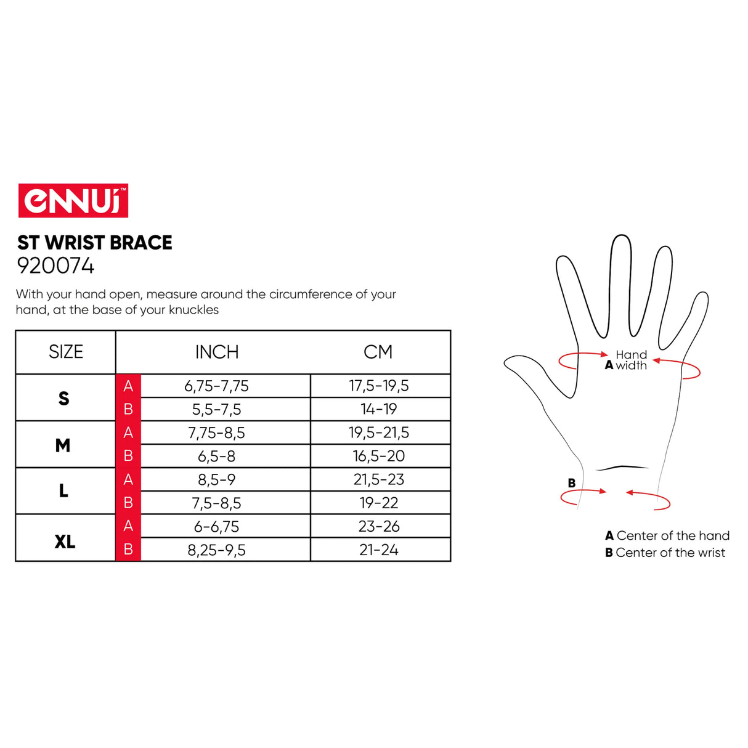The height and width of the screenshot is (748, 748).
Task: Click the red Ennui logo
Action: tap(73, 200)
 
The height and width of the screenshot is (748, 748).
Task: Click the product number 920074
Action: tap(55, 266)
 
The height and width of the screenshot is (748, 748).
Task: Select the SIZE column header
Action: tap(65, 352)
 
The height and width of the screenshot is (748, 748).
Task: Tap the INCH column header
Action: tap(217, 352)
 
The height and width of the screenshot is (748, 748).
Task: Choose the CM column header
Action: tap(378, 352)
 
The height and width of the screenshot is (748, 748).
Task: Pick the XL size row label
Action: tap(65, 542)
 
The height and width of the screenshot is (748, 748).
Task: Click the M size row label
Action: tap(63, 445)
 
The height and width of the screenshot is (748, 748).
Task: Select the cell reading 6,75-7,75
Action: tap(216, 386)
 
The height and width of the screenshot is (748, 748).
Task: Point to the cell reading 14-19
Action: tap(378, 409)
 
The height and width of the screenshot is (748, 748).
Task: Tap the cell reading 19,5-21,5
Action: tap(378, 433)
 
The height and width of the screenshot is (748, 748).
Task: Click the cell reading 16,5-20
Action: tap(378, 456)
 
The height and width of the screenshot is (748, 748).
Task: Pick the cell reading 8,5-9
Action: tap(216, 480)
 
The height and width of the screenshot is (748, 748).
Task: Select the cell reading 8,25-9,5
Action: tap(216, 550)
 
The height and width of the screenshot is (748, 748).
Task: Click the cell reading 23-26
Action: tap(378, 526)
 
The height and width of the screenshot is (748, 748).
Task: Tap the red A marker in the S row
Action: tap(128, 386)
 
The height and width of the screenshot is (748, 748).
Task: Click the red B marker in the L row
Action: tap(128, 503)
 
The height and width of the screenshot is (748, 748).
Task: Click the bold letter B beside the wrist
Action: tap(571, 483)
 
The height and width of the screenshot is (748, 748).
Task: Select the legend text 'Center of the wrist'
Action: tap(670, 552)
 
